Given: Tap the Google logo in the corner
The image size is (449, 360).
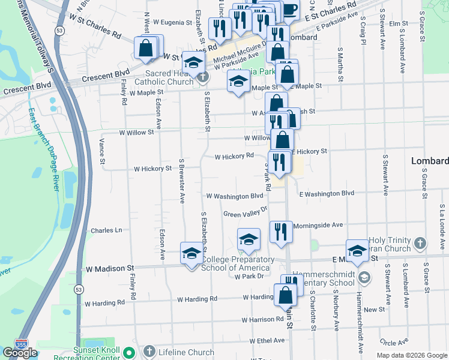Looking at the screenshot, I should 20,353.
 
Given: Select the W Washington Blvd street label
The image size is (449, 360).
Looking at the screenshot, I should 235,196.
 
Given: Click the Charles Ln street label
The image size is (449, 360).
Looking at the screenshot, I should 106,230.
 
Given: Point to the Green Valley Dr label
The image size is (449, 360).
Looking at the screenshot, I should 244,214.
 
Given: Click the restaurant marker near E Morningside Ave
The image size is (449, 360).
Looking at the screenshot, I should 280,232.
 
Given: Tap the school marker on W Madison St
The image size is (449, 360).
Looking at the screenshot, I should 191,252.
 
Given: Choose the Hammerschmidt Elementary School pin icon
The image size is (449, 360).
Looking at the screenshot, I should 364,277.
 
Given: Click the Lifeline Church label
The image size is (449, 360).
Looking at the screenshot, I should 185,352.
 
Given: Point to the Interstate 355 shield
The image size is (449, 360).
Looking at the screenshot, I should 22,343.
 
